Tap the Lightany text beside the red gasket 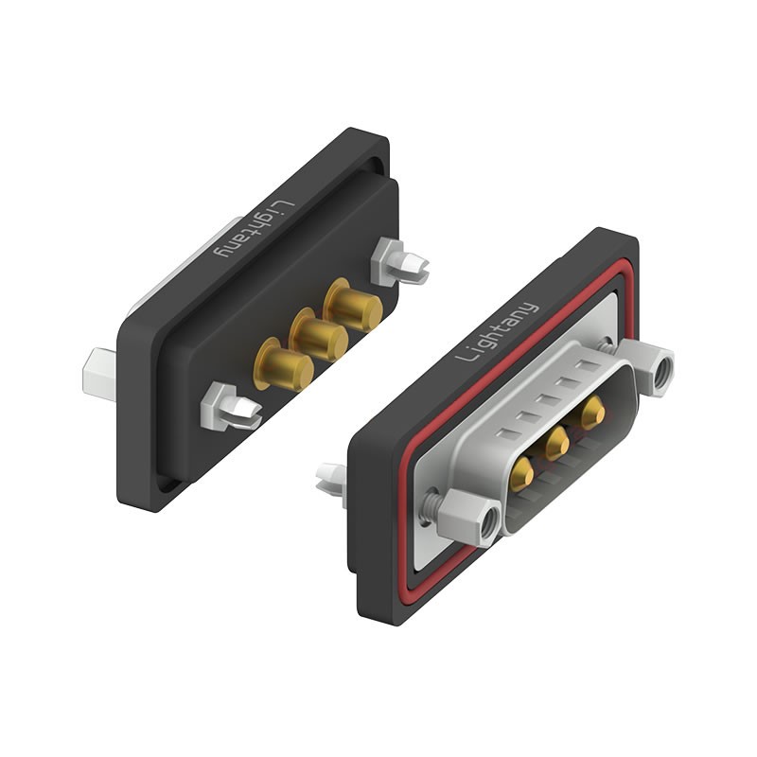coord(497,331)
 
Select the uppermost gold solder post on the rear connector coord(354,305)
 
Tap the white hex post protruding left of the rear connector coord(99,371)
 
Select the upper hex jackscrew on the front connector coord(653,368)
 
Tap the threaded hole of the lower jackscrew coord(488,521)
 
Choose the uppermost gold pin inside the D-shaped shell coord(593,412)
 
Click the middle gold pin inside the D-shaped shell coord(556,441)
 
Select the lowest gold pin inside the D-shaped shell coord(521,471)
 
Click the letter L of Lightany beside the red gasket coord(465,357)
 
